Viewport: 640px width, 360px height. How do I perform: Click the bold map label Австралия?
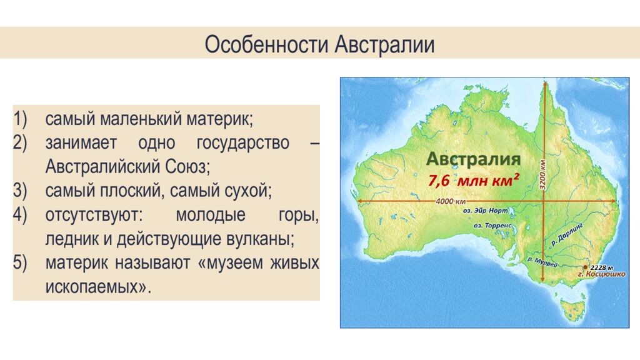pos(474,159)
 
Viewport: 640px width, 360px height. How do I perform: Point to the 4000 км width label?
pos(451,201)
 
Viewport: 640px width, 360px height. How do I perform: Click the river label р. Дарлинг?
pos(567,232)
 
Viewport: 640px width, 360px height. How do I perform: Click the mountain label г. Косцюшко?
pos(601,274)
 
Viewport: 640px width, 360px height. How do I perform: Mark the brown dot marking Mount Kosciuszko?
pos(585,267)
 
